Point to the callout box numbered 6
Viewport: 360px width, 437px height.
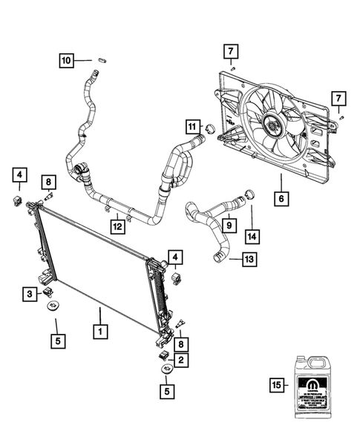coord(281,198)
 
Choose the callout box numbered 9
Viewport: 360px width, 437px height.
coord(229,224)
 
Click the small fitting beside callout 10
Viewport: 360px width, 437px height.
coord(102,59)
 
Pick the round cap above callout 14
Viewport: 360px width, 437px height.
coord(249,195)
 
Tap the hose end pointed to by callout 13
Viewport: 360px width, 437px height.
coord(219,256)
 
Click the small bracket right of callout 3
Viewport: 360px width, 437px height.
coord(48,293)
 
